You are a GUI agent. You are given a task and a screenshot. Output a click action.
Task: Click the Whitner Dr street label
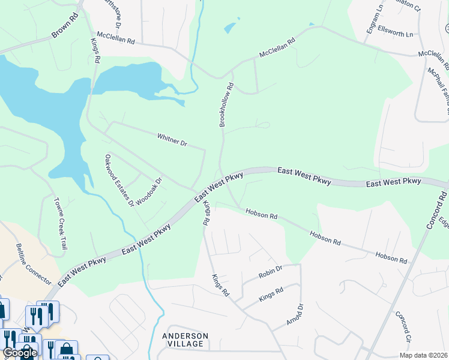coord(172,140)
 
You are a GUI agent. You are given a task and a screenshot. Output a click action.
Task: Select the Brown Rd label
coord(65,27)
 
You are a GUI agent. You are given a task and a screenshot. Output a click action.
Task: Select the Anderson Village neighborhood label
coord(185,340)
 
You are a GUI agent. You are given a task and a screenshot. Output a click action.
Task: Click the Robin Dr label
coord(270,271)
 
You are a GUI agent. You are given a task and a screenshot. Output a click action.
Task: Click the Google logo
coord(20,353)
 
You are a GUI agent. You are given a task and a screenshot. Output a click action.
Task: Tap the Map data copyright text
coord(423,355)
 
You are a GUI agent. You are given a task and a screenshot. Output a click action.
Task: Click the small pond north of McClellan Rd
coord(230,28)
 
